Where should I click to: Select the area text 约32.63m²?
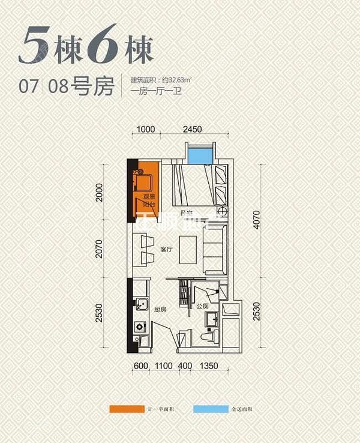pos(180,80)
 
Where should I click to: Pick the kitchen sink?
pos(140,304)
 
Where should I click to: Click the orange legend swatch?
pos(126,410)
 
